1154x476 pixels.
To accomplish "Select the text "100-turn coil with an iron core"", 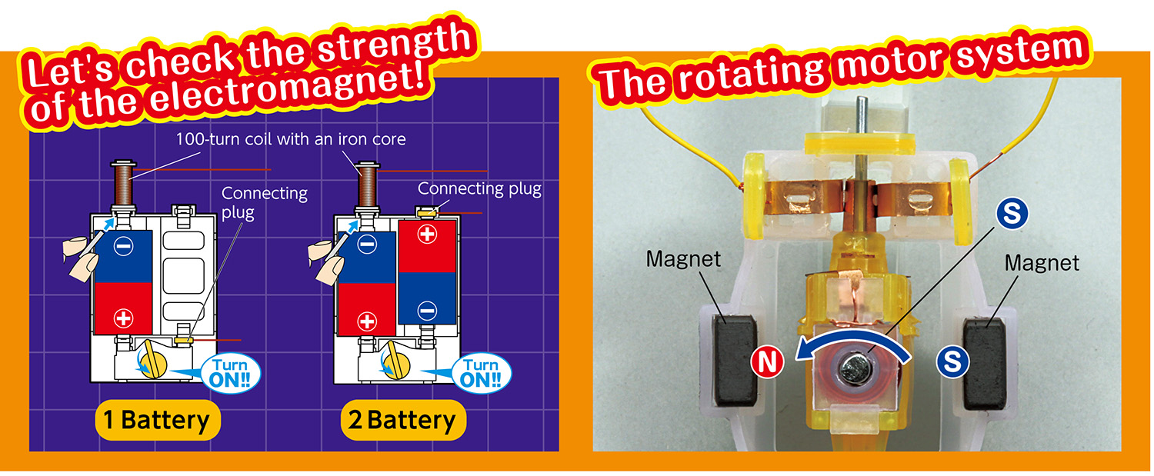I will [291, 140].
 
